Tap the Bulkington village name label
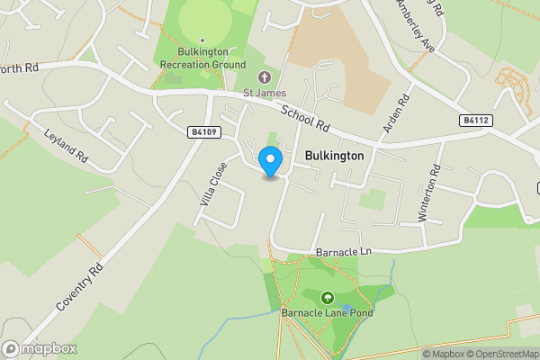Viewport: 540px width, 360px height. click(x=334, y=156)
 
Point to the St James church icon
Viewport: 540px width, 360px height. click(x=264, y=77)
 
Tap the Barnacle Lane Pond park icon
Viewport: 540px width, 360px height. click(x=327, y=297)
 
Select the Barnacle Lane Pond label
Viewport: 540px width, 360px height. click(x=327, y=313)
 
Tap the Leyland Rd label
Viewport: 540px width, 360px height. click(x=67, y=146)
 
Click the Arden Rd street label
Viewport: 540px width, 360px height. click(x=396, y=113)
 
